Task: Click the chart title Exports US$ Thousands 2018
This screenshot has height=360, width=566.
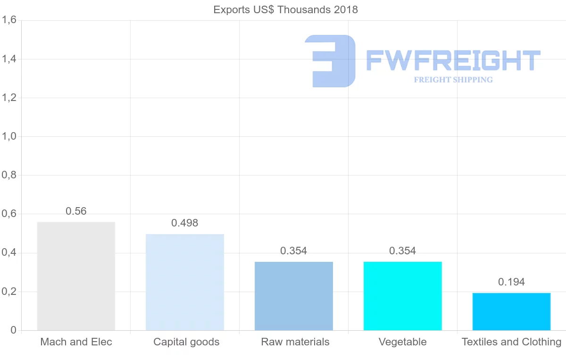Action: tap(285, 10)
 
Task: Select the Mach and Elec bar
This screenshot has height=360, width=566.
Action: tap(76, 276)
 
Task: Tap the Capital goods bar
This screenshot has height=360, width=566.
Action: tap(185, 282)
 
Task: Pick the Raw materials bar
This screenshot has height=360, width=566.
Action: tap(294, 296)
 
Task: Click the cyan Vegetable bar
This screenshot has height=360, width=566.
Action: tap(403, 296)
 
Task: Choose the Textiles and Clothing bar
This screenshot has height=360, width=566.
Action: tap(511, 311)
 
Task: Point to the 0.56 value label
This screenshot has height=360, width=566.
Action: tap(76, 211)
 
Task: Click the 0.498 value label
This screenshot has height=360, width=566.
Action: tap(185, 223)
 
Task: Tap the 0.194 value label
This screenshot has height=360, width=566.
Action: tap(511, 282)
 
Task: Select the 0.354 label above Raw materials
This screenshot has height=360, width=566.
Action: tap(294, 251)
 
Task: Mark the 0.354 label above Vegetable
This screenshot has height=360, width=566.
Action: tap(403, 251)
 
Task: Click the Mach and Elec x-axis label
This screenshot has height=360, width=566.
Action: tap(76, 342)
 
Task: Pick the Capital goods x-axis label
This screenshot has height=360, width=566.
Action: tap(186, 342)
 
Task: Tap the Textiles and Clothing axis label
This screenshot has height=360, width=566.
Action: tap(511, 342)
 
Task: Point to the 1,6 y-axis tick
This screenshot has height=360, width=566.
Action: tap(9, 20)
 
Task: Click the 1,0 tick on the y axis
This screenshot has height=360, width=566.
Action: tap(9, 136)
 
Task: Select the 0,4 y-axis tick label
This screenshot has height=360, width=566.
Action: tap(9, 253)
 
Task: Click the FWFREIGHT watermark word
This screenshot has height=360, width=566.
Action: tap(453, 61)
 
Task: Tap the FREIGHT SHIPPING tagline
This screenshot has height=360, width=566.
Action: tap(453, 80)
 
